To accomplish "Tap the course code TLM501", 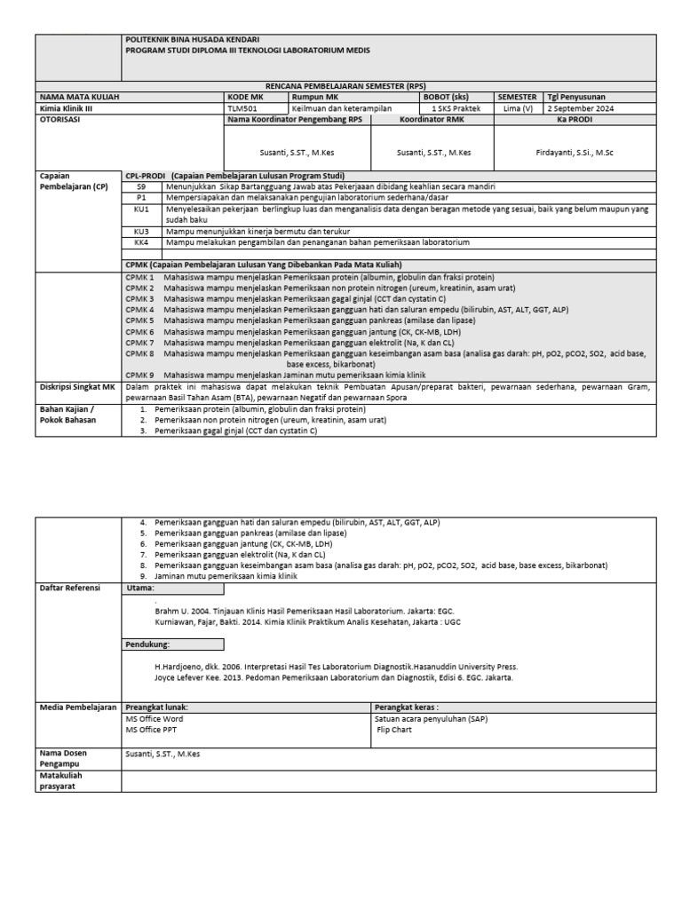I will (x=241, y=108).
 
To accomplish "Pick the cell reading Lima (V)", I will (x=518, y=108).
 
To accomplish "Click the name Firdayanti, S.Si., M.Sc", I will (x=574, y=153).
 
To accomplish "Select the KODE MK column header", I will (x=246, y=96).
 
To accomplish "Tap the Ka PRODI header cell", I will (x=575, y=119).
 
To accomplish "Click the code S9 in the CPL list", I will (x=140, y=187).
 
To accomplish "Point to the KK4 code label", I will (x=141, y=241).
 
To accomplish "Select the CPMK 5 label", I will (x=139, y=320).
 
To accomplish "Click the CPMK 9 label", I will (x=139, y=375).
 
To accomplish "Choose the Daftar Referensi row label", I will (x=68, y=588).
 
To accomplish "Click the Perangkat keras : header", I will (x=406, y=707).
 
